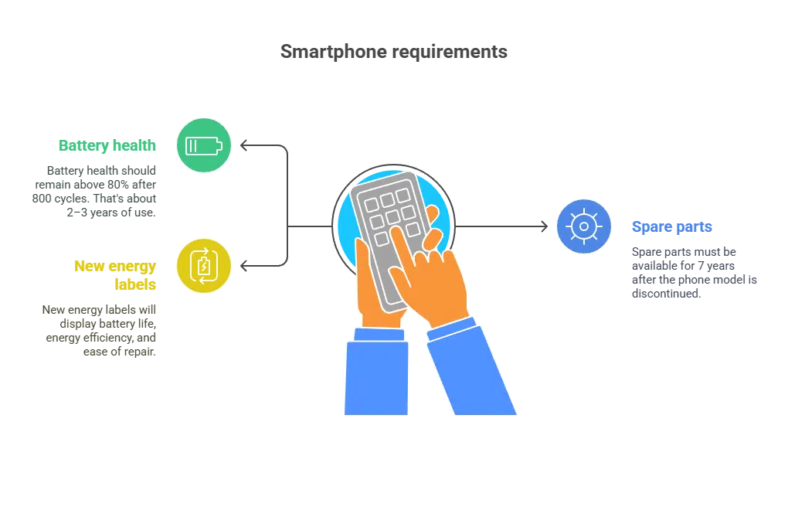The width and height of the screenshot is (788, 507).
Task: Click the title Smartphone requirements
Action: [393, 52]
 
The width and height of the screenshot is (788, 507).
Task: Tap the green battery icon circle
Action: [203, 145]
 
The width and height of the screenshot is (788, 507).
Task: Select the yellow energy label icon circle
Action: [203, 266]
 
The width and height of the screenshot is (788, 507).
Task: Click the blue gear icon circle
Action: [584, 226]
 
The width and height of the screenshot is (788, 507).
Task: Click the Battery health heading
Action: [107, 145]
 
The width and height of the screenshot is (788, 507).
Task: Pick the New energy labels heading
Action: [115, 275]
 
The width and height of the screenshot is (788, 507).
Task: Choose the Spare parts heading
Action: [672, 227]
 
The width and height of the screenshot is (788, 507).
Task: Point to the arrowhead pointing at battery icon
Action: [243, 145]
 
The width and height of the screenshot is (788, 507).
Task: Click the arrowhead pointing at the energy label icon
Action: [243, 266]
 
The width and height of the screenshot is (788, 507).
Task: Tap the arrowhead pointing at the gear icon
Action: [545, 226]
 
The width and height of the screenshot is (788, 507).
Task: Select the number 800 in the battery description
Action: [42, 199]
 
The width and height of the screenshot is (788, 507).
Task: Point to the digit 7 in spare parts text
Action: [701, 266]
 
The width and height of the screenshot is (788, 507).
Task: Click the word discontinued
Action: [666, 294]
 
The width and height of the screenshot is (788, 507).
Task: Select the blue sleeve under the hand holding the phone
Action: [376, 372]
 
